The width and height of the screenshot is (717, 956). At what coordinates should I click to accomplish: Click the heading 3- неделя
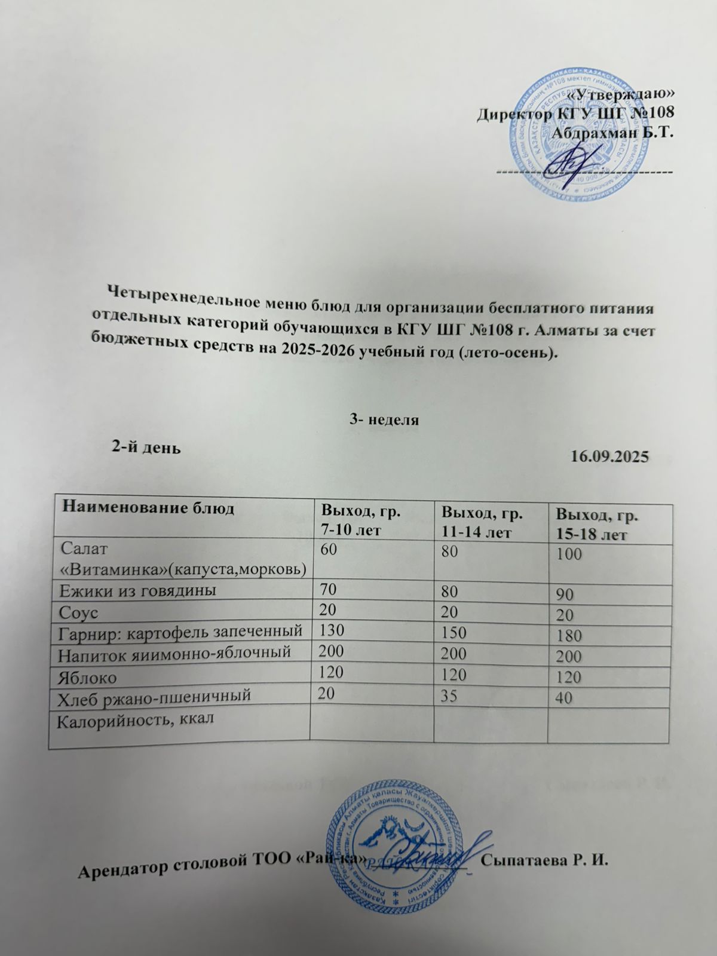coord(384,419)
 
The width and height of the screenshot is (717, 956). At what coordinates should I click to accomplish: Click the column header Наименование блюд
coord(141,508)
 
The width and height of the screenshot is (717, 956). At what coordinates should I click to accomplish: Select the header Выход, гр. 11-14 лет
coord(482,522)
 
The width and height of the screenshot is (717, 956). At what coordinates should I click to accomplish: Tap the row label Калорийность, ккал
coord(135,719)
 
